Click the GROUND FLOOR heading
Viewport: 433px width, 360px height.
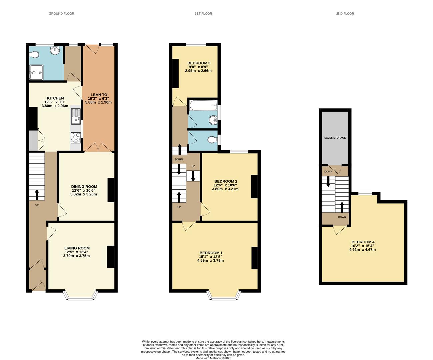[x=61, y=14]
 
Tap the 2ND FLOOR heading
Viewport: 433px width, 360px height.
[x=345, y=14]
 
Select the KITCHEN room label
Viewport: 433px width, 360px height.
[x=55, y=98]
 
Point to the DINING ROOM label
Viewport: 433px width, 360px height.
[x=84, y=187]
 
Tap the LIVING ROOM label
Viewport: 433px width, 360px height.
[x=77, y=248]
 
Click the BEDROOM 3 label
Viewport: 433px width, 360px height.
[x=199, y=63]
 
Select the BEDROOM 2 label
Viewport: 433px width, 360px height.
[x=225, y=181]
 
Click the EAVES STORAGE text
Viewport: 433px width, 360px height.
[x=335, y=138]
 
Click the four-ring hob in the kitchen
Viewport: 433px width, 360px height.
[x=76, y=137]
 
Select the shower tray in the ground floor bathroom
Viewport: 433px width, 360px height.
[x=36, y=73]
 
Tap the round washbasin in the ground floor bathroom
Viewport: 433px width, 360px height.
[x=54, y=51]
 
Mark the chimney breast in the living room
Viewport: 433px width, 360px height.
[x=110, y=257]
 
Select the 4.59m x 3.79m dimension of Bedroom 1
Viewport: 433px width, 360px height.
[x=210, y=260]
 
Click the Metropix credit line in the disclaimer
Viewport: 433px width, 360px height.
[x=213, y=358]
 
